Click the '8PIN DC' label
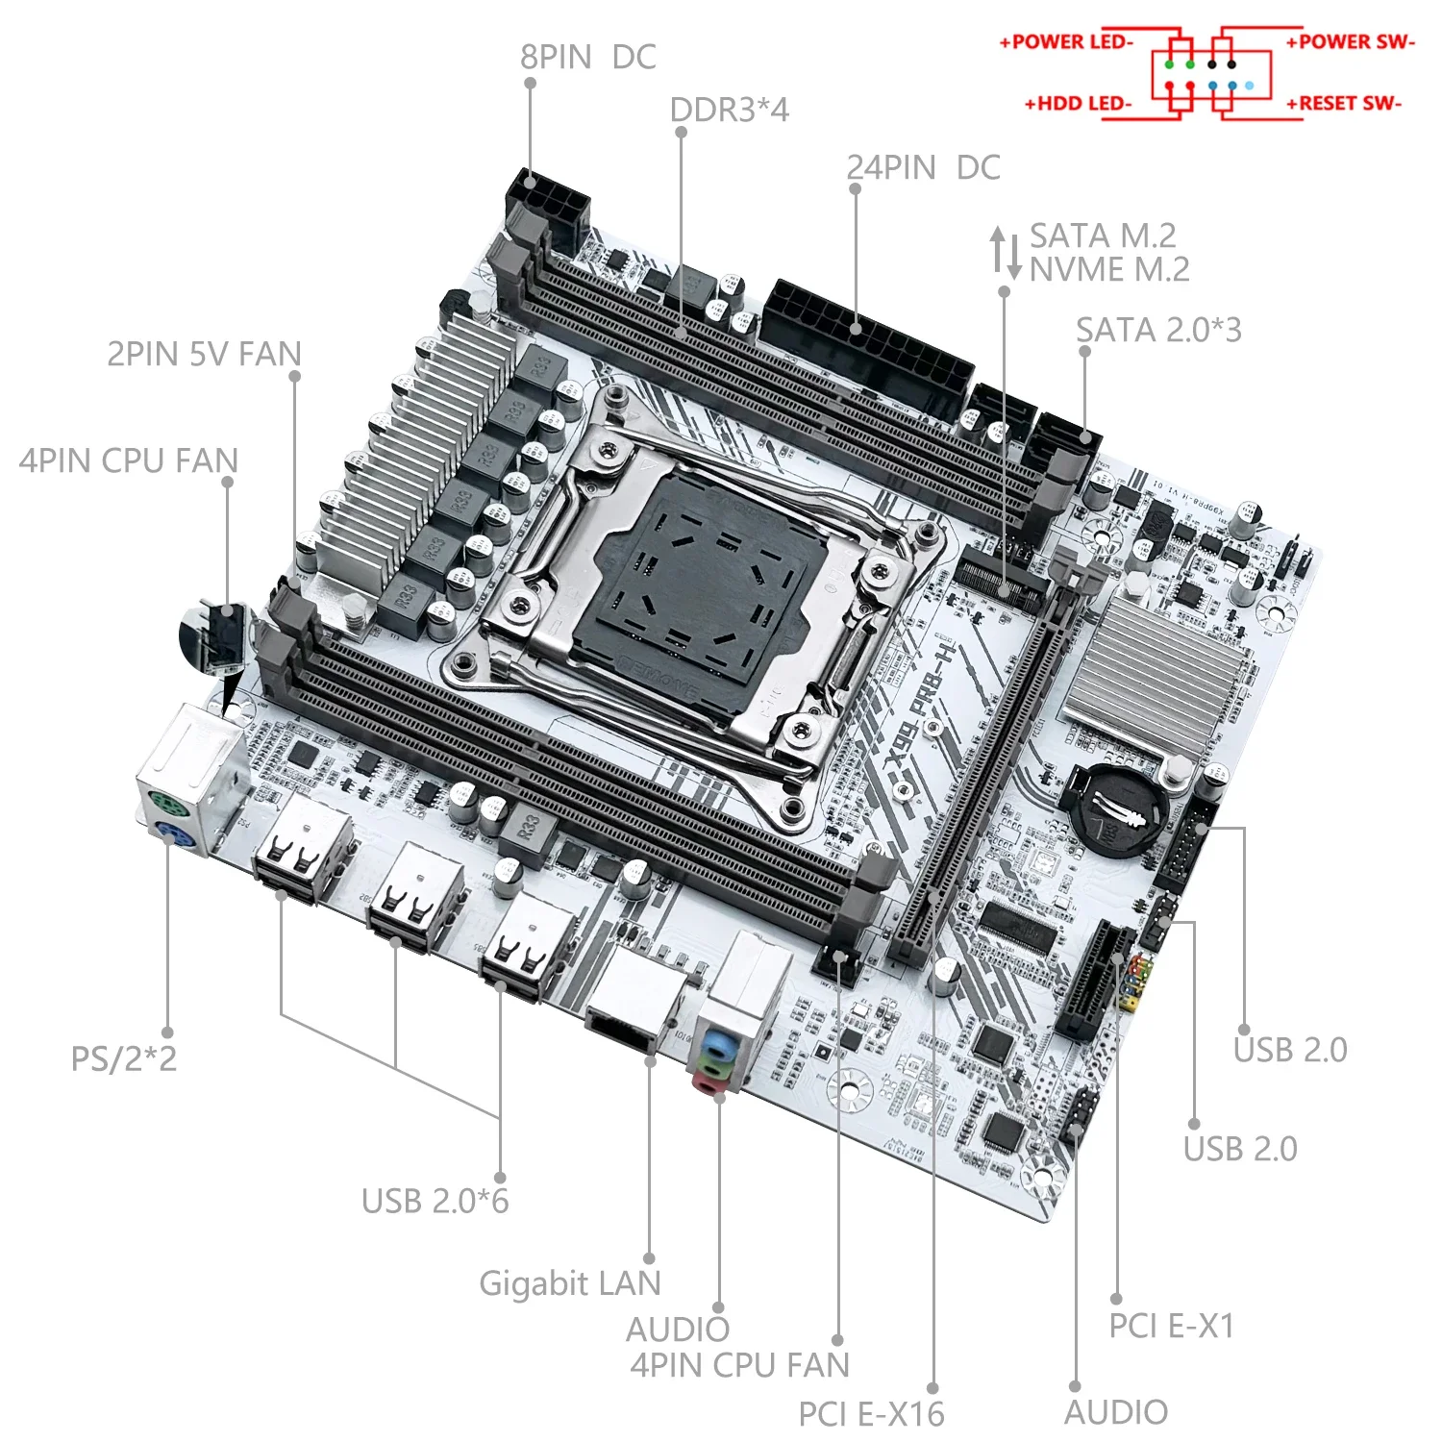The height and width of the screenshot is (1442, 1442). point(587,58)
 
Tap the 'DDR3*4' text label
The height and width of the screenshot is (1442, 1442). point(729,111)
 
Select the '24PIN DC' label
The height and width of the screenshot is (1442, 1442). point(923,168)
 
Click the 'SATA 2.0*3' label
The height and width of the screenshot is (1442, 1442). point(1158,331)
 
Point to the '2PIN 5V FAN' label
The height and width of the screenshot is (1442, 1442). point(204,355)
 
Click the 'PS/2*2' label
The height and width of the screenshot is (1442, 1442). point(124,1059)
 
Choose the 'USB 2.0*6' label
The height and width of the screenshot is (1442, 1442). point(435,1202)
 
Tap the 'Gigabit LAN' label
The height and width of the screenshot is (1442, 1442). point(569,1284)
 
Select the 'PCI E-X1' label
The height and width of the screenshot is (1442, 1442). point(1171,1327)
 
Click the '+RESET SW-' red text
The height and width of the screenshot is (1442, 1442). point(1344,104)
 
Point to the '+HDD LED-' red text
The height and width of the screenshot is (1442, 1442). point(1078,104)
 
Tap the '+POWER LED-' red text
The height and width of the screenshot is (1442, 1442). point(1066,42)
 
